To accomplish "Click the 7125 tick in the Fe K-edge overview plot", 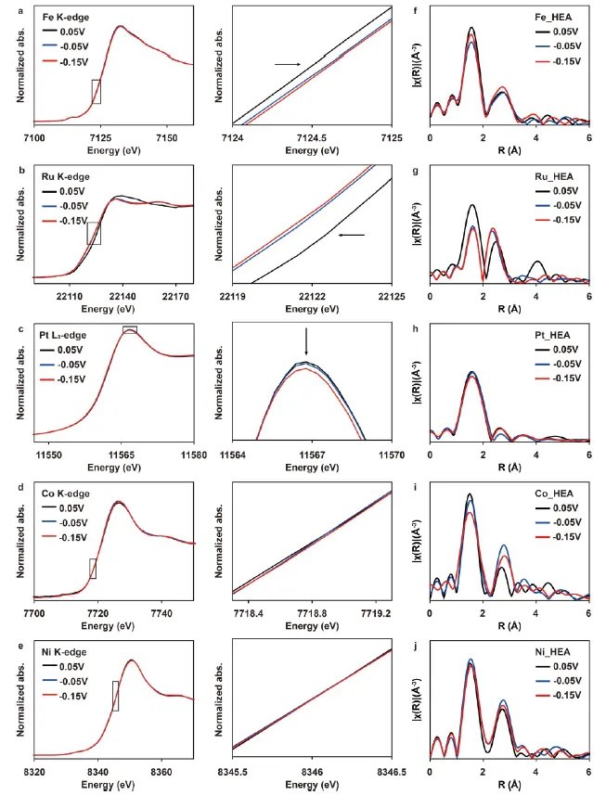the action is click(x=100, y=138).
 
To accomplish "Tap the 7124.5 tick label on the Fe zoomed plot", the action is click(x=312, y=138).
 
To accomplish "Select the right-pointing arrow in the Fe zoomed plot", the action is click(x=288, y=64).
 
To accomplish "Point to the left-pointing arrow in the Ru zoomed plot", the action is click(x=352, y=235).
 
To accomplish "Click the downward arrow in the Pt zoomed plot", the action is click(x=306, y=341).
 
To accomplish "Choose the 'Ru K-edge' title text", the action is click(x=65, y=176).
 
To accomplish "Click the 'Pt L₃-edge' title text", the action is click(x=63, y=335).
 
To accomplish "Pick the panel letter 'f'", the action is click(x=416, y=10).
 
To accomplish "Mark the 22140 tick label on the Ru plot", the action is click(x=122, y=297).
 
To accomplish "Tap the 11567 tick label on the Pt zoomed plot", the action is click(x=312, y=455).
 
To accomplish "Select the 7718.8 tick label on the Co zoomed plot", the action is click(x=312, y=613).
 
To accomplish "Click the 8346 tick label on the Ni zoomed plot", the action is click(x=312, y=772).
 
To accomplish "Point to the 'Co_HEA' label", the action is click(x=554, y=494).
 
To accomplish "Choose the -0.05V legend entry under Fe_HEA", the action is click(x=558, y=46).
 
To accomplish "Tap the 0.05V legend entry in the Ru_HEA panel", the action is click(x=558, y=191).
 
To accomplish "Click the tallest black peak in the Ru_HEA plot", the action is click(x=472, y=205).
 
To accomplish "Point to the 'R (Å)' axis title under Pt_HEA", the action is click(x=509, y=467).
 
